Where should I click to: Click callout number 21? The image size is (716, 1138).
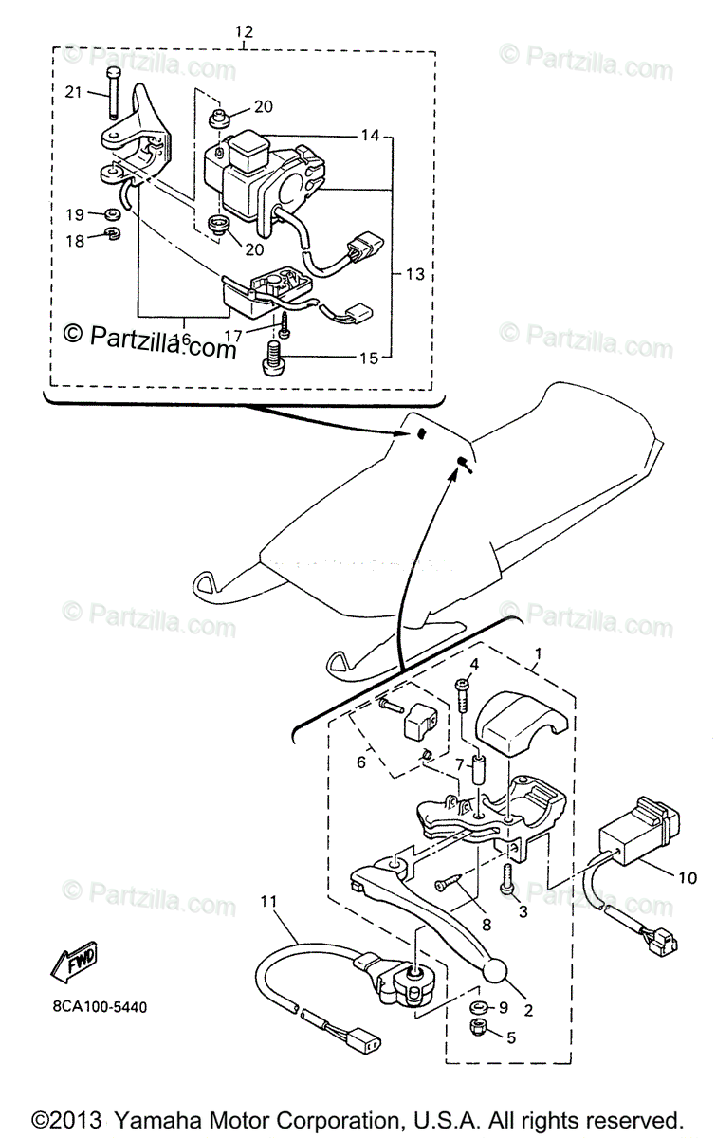74,92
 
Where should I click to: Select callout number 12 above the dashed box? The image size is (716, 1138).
244,32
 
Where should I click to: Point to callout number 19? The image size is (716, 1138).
75,214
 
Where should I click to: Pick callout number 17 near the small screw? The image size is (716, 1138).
232,336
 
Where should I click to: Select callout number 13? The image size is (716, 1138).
413,274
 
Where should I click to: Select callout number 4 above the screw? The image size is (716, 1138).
474,663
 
